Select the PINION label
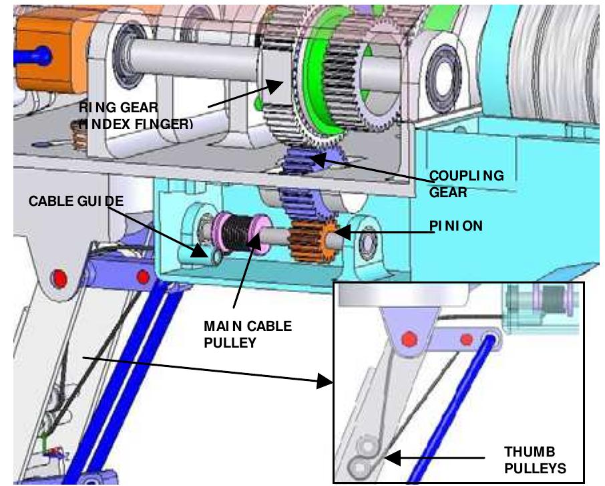(x=455, y=227)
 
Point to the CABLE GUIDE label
(x=76, y=201)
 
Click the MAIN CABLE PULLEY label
(x=248, y=333)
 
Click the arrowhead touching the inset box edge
(x=326, y=382)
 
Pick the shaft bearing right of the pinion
(x=366, y=244)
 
